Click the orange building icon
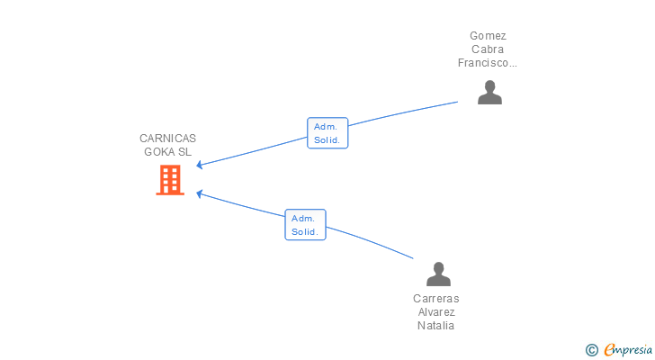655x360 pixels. [170, 180]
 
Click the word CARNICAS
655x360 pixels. [167, 139]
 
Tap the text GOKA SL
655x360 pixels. [167, 152]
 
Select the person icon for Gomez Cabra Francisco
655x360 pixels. [489, 93]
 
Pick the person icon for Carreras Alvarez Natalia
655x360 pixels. [438, 274]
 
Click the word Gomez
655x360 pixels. [488, 36]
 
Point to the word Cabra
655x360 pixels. [488, 49]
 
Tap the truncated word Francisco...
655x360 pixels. [487, 63]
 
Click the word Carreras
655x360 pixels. [435, 299]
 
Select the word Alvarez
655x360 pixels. [436, 312]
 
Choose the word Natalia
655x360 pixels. [435, 326]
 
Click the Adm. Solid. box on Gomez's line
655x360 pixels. [327, 133]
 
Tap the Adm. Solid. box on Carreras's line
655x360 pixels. [305, 225]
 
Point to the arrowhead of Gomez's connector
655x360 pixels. [199, 165]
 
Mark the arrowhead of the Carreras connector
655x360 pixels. [199, 193]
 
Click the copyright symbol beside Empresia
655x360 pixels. [591, 350]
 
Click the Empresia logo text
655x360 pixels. [628, 350]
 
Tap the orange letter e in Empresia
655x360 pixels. [609, 349]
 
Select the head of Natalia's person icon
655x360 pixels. [438, 267]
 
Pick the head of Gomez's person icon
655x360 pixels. [489, 86]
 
